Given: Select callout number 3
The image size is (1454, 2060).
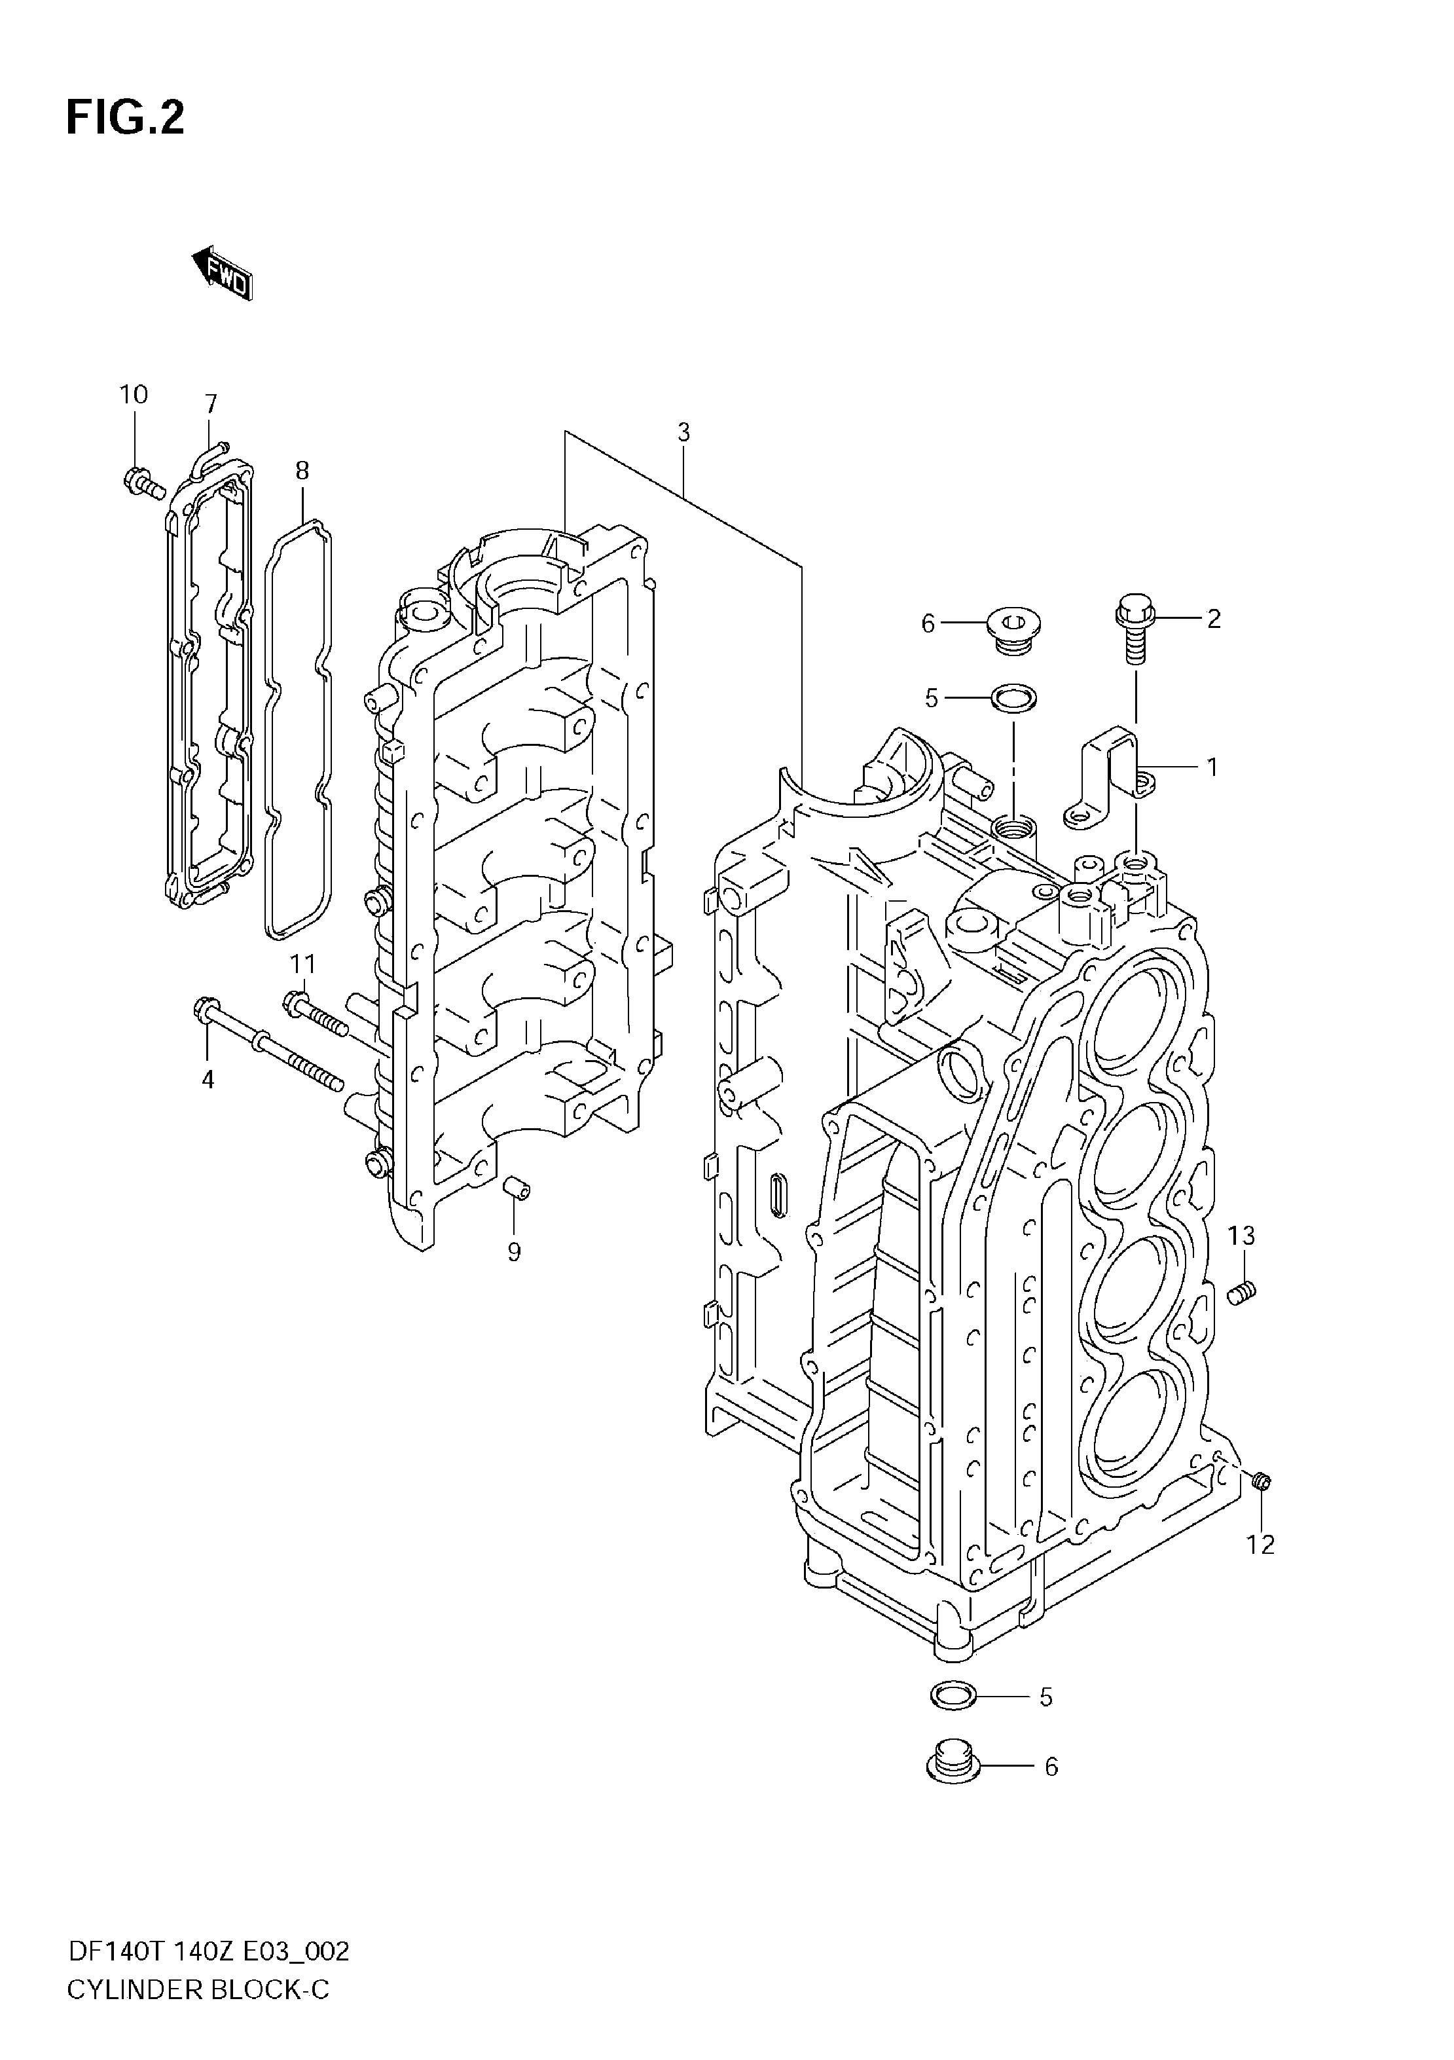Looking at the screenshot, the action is (683, 432).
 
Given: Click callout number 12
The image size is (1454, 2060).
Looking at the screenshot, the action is (1261, 1545).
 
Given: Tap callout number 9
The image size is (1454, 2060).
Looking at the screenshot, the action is (514, 1253).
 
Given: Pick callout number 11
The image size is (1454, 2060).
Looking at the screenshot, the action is (302, 965).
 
